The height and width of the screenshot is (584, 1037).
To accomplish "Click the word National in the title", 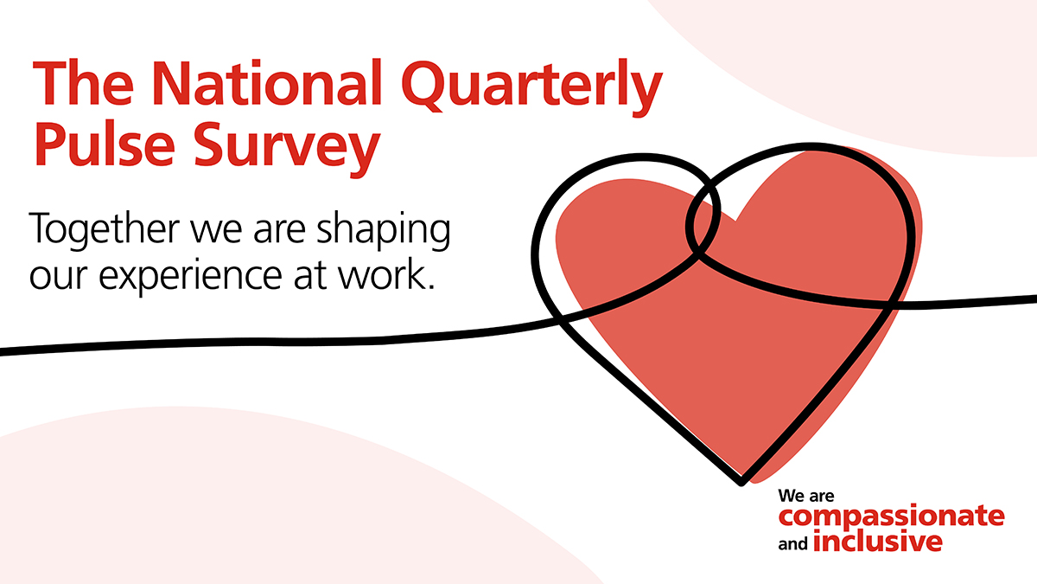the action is pos(266,82).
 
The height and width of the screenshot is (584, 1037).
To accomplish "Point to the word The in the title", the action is pos(83,82).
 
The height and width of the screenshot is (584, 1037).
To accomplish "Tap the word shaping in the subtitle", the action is pos(384,230).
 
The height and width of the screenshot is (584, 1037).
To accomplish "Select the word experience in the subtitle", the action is pos(190,277).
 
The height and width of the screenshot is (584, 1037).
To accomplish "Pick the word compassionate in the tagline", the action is pos(892,516).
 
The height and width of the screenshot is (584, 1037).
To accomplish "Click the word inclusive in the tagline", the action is pos(878,542).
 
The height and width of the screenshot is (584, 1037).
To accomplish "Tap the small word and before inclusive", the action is pos(793,543).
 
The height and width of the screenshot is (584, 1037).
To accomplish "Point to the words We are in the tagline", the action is pos(806,496).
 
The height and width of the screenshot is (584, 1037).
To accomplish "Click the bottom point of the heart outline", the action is pos(741,484).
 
